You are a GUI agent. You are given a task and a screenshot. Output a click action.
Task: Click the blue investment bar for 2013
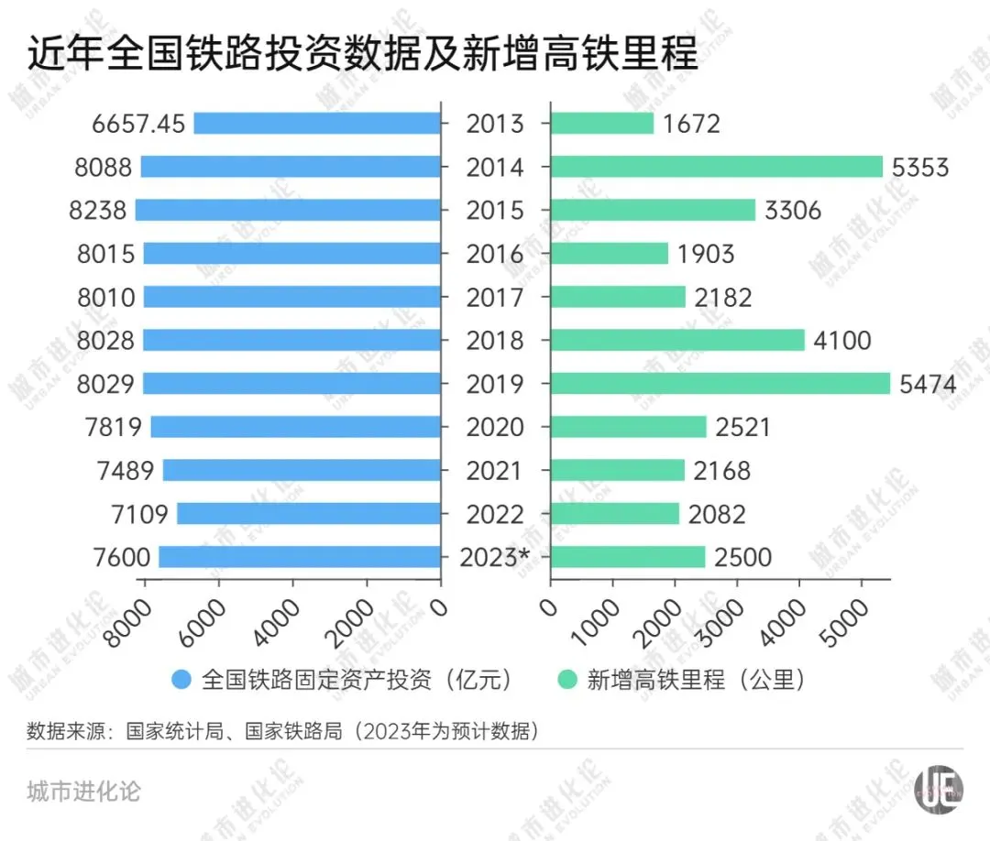(x=317, y=123)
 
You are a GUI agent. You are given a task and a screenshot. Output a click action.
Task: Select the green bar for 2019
(x=720, y=384)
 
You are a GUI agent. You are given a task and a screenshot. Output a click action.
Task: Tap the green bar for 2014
(x=717, y=167)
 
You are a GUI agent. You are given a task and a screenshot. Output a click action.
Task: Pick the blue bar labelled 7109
(x=309, y=514)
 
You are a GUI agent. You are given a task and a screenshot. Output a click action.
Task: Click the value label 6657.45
(x=138, y=124)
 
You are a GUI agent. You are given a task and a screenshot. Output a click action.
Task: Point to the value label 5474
(x=928, y=384)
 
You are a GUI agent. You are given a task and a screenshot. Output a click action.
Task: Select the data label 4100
(x=841, y=341)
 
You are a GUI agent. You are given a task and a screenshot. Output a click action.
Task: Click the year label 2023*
(x=494, y=557)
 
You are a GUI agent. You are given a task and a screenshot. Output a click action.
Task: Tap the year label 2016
(x=495, y=254)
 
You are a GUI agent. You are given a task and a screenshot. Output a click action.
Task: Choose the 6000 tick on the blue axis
(x=202, y=623)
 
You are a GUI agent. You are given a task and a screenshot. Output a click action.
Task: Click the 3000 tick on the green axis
(x=721, y=623)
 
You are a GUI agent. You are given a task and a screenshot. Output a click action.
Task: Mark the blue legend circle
(x=181, y=680)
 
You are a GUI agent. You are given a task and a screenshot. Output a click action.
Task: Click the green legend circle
(x=567, y=680)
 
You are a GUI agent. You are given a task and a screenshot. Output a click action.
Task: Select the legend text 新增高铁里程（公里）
(x=695, y=680)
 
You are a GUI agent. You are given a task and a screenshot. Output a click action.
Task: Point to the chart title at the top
(x=362, y=52)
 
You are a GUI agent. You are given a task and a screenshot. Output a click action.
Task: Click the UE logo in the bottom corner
(x=939, y=790)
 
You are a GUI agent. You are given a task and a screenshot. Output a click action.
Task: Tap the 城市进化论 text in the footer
(x=83, y=792)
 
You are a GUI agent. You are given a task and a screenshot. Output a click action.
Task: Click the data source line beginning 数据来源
(x=283, y=731)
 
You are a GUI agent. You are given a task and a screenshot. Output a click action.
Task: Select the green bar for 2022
(x=615, y=514)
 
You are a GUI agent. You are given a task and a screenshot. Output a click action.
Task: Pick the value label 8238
(x=98, y=211)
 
